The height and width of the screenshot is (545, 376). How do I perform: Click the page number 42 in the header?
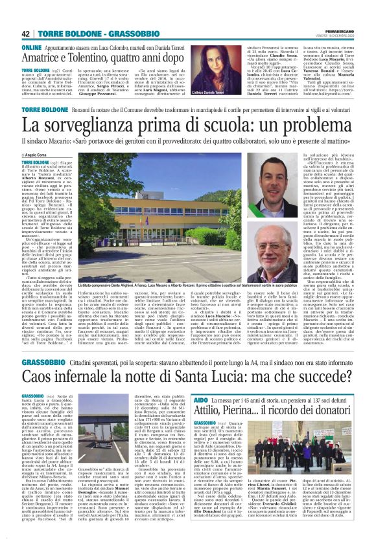26,34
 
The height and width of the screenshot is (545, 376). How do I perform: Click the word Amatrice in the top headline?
46,58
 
